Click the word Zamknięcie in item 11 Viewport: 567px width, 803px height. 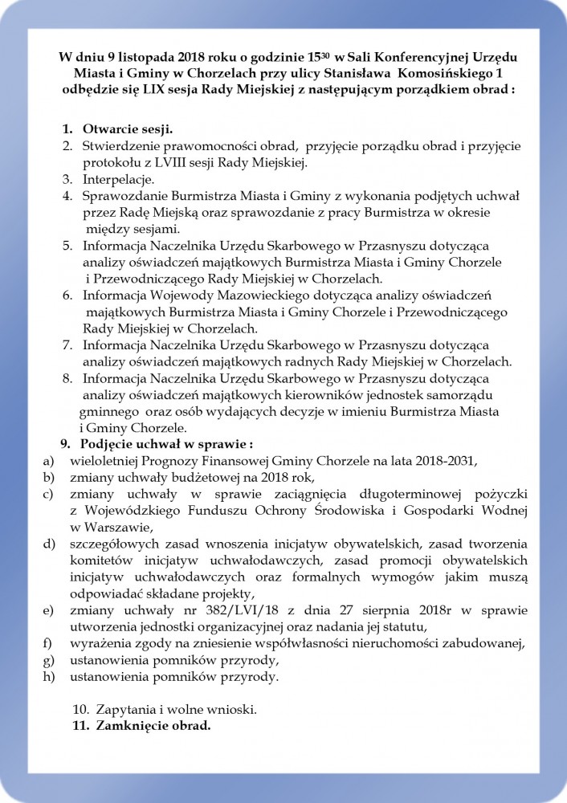[x=129, y=727]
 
